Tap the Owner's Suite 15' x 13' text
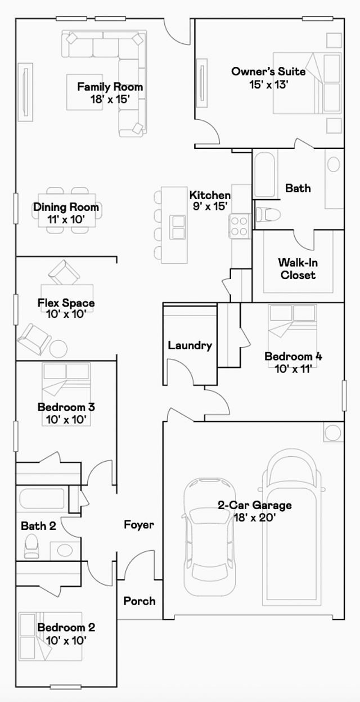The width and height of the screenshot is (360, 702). click(268, 78)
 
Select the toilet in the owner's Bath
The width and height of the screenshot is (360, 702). click(268, 215)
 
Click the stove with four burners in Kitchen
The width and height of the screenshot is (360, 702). click(239, 226)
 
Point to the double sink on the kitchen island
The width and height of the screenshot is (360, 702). click(178, 226)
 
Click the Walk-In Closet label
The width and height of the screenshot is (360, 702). click(298, 268)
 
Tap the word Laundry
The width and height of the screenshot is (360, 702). click(190, 345)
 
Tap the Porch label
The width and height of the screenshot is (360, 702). click(139, 601)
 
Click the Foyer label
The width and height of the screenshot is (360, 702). click(138, 525)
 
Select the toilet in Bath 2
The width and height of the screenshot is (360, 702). click(31, 546)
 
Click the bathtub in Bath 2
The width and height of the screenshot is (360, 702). click(42, 499)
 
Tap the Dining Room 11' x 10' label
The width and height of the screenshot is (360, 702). click(66, 213)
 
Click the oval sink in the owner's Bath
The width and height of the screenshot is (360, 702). click(334, 164)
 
